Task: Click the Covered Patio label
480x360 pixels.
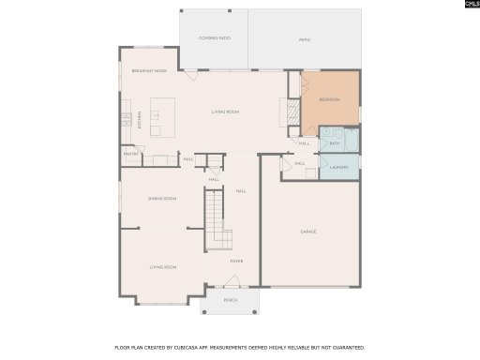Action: click(214, 38)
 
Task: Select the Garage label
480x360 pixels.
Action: click(308, 232)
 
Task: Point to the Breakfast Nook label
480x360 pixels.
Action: click(149, 71)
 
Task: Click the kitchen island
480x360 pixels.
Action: click(157, 116)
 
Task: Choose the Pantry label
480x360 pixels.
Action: click(130, 154)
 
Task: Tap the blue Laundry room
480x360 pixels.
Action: click(338, 168)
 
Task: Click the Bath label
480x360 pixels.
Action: click(334, 143)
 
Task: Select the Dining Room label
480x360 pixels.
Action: click(162, 199)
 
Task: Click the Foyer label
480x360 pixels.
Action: click(237, 262)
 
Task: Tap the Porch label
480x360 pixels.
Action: click(231, 300)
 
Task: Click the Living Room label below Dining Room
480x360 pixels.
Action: click(163, 267)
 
